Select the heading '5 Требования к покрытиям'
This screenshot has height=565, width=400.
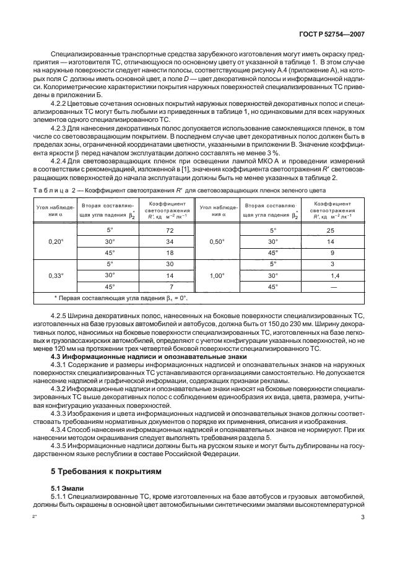[105, 470]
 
